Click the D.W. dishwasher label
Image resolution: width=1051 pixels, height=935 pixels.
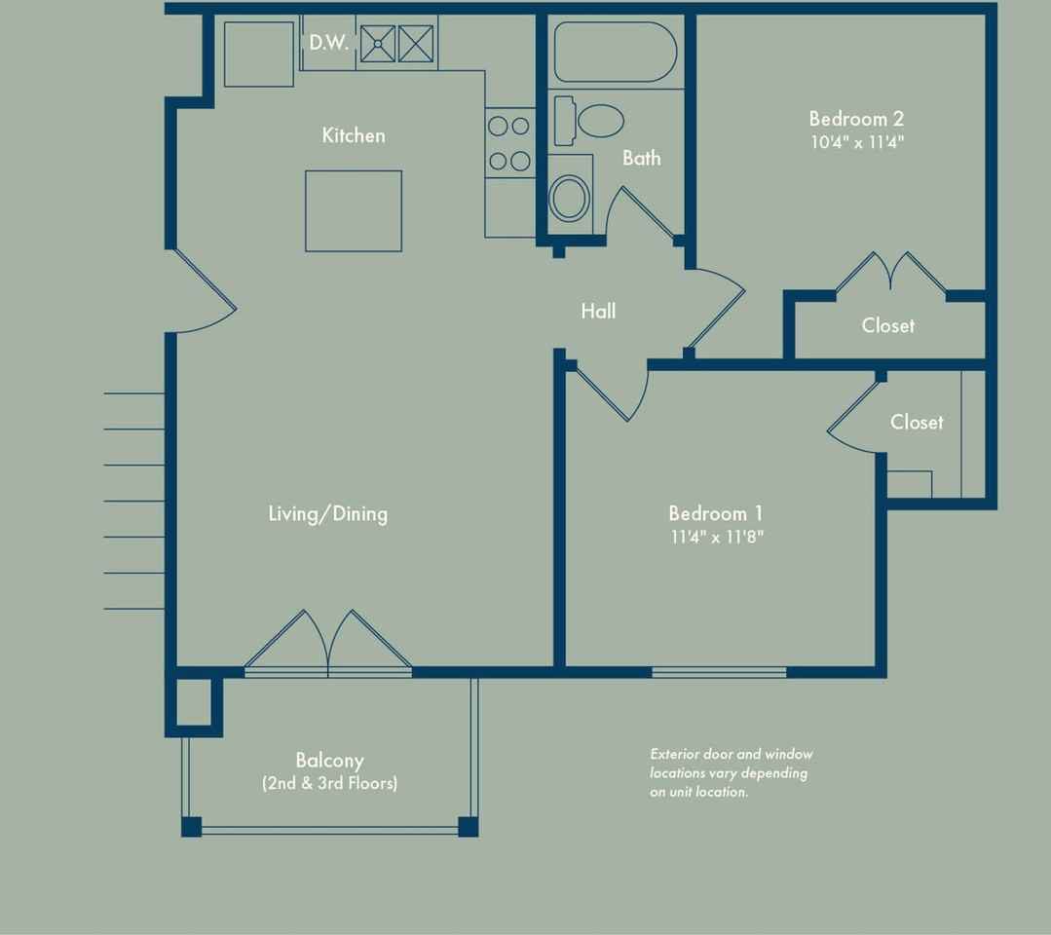(328, 42)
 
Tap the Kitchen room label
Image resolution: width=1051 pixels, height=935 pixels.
(354, 135)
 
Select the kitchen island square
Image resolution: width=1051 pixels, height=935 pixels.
(354, 211)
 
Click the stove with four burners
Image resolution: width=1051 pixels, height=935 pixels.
(509, 143)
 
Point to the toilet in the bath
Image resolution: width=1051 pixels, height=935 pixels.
(589, 122)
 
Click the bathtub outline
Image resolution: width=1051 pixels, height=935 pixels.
(616, 53)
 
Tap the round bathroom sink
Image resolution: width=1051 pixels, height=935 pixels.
(570, 198)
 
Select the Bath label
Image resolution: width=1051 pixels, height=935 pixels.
(642, 158)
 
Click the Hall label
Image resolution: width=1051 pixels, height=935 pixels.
(598, 311)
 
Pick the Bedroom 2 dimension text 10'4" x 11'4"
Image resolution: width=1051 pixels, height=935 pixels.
(857, 142)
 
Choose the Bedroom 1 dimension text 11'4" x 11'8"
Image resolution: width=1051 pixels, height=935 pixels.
(717, 537)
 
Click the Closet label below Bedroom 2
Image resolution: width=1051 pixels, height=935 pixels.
(888, 325)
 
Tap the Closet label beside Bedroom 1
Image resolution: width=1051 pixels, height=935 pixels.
(917, 423)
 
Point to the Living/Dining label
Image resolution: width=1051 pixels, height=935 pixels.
(327, 514)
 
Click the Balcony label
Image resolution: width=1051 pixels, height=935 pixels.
(330, 761)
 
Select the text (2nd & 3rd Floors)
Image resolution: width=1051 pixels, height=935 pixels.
(330, 783)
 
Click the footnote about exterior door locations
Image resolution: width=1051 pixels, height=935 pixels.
(732, 772)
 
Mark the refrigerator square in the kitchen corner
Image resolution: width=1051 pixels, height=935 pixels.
(259, 55)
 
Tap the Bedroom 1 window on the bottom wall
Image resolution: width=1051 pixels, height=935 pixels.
(719, 672)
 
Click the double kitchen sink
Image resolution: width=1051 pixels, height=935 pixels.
(396, 44)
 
